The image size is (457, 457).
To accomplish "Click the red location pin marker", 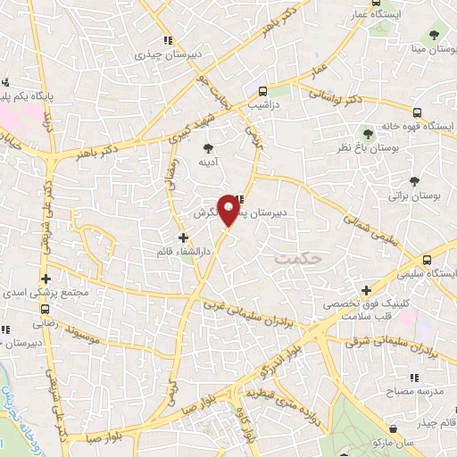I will (x=229, y=212).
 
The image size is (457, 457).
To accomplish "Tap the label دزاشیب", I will (x=263, y=104).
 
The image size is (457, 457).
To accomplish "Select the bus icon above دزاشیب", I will (x=263, y=91).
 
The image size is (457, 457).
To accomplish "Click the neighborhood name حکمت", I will (x=297, y=258).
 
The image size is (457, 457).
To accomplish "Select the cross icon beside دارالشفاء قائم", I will (x=184, y=238).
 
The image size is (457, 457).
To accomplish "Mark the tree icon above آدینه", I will (x=209, y=149).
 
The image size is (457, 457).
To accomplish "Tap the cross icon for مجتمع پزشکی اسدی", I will (x=46, y=279).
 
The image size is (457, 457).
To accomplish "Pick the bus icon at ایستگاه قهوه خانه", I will (x=418, y=112).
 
